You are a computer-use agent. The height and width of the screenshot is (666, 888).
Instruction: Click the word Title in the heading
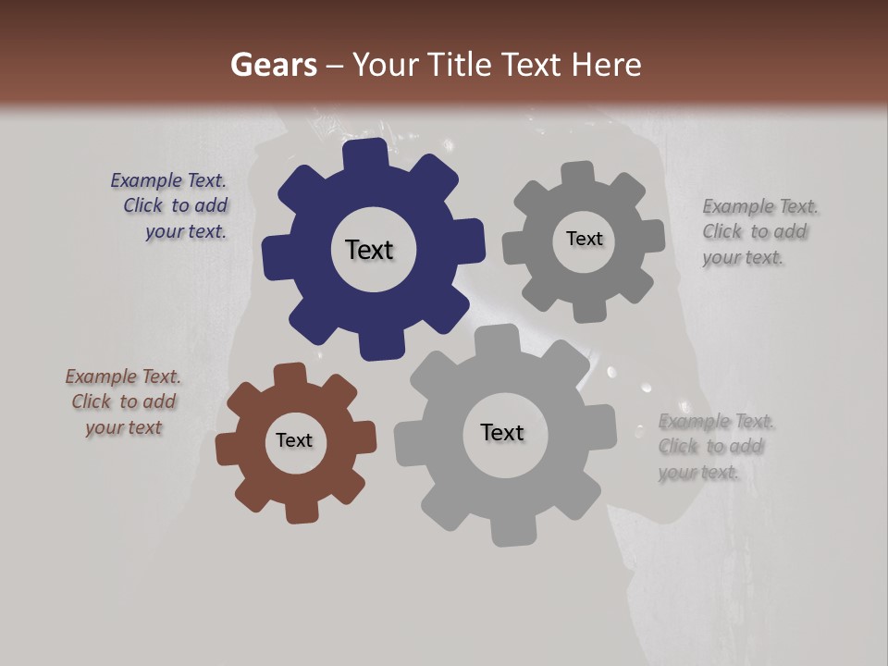(x=462, y=65)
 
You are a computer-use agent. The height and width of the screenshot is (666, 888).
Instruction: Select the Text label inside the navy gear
(x=369, y=250)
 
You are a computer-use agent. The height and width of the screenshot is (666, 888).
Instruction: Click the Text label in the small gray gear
(x=584, y=239)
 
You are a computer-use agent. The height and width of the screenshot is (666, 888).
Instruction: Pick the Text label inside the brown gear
(x=294, y=440)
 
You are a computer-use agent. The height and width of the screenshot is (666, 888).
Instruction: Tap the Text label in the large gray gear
(x=502, y=432)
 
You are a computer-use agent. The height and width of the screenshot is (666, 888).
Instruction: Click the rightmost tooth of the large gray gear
(x=603, y=427)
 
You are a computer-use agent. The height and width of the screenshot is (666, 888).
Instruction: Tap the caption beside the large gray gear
(x=714, y=447)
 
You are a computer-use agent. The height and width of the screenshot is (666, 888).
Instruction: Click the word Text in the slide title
(x=533, y=65)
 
